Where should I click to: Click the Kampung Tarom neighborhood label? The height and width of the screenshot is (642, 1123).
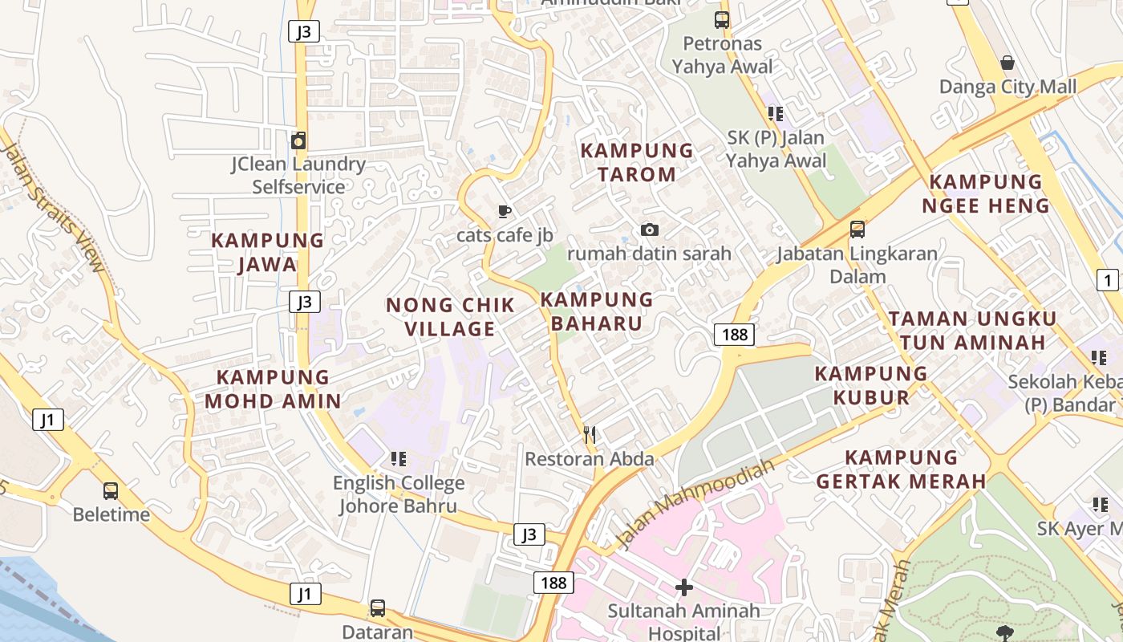637,162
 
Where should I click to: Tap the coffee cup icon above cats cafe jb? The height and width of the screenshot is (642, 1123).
504,212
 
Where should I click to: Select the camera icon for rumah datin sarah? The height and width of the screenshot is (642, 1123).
650,230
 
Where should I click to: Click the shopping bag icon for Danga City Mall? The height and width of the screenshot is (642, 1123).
1007,63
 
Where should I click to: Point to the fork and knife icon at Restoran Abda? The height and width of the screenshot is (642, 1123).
590,435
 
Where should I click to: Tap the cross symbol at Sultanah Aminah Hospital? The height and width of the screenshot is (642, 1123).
683,588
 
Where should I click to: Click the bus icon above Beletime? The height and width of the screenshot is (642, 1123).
111,490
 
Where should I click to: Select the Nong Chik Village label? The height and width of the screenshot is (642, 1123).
450,317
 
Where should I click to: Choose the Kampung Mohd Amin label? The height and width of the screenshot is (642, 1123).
273,389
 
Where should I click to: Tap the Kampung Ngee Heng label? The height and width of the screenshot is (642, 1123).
986,194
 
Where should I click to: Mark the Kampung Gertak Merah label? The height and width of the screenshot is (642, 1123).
901,469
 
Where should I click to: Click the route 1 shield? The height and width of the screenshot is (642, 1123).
1107,280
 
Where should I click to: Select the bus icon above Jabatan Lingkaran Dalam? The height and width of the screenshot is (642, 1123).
857,230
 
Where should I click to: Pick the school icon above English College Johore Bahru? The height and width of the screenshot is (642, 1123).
398,459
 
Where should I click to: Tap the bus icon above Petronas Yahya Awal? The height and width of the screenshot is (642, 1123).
722,20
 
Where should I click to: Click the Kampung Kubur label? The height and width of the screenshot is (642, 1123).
871,385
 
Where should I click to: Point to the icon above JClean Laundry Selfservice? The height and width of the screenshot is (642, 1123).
298,140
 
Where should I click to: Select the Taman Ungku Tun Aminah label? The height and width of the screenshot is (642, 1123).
972,331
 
